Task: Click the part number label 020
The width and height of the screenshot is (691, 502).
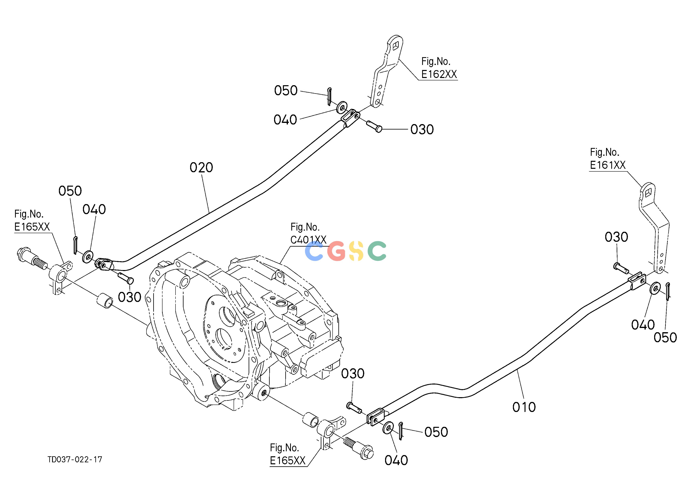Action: (201, 167)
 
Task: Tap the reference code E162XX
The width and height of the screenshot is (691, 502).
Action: (439, 74)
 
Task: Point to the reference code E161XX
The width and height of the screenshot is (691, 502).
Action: (607, 165)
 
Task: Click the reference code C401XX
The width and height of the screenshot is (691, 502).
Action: (308, 240)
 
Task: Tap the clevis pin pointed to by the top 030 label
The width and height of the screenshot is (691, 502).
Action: (374, 126)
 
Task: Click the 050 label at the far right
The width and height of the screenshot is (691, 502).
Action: (665, 338)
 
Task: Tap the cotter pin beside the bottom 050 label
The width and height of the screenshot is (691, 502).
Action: (401, 430)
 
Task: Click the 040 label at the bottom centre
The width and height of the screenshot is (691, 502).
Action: (396, 460)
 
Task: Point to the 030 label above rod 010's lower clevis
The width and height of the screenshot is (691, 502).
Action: (352, 374)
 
